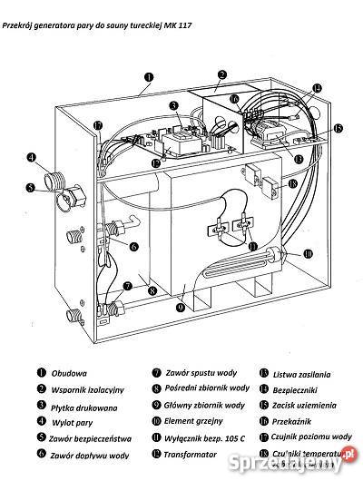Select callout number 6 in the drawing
[132, 246]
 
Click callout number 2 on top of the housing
[221, 75]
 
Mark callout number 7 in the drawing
[127, 286]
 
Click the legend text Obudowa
[69, 372]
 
